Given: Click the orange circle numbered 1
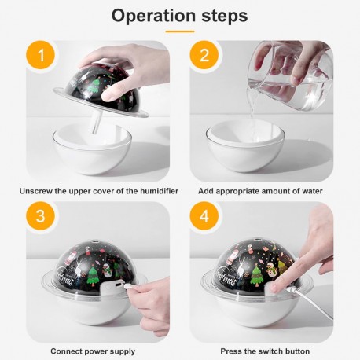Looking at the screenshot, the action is pos(41,55).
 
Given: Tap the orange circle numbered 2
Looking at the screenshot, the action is pos(204,55).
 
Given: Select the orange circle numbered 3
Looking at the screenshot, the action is pos(41,216).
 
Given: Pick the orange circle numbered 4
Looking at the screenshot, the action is pos(204,216).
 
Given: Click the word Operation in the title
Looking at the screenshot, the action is pos(154,16).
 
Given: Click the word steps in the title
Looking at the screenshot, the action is pos(225,17).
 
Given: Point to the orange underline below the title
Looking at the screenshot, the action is pos(180,31).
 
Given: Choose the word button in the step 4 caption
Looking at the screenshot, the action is pos(297,351).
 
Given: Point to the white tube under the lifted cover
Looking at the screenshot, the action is pos(97,122).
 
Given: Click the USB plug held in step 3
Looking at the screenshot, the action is pos(128,286).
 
